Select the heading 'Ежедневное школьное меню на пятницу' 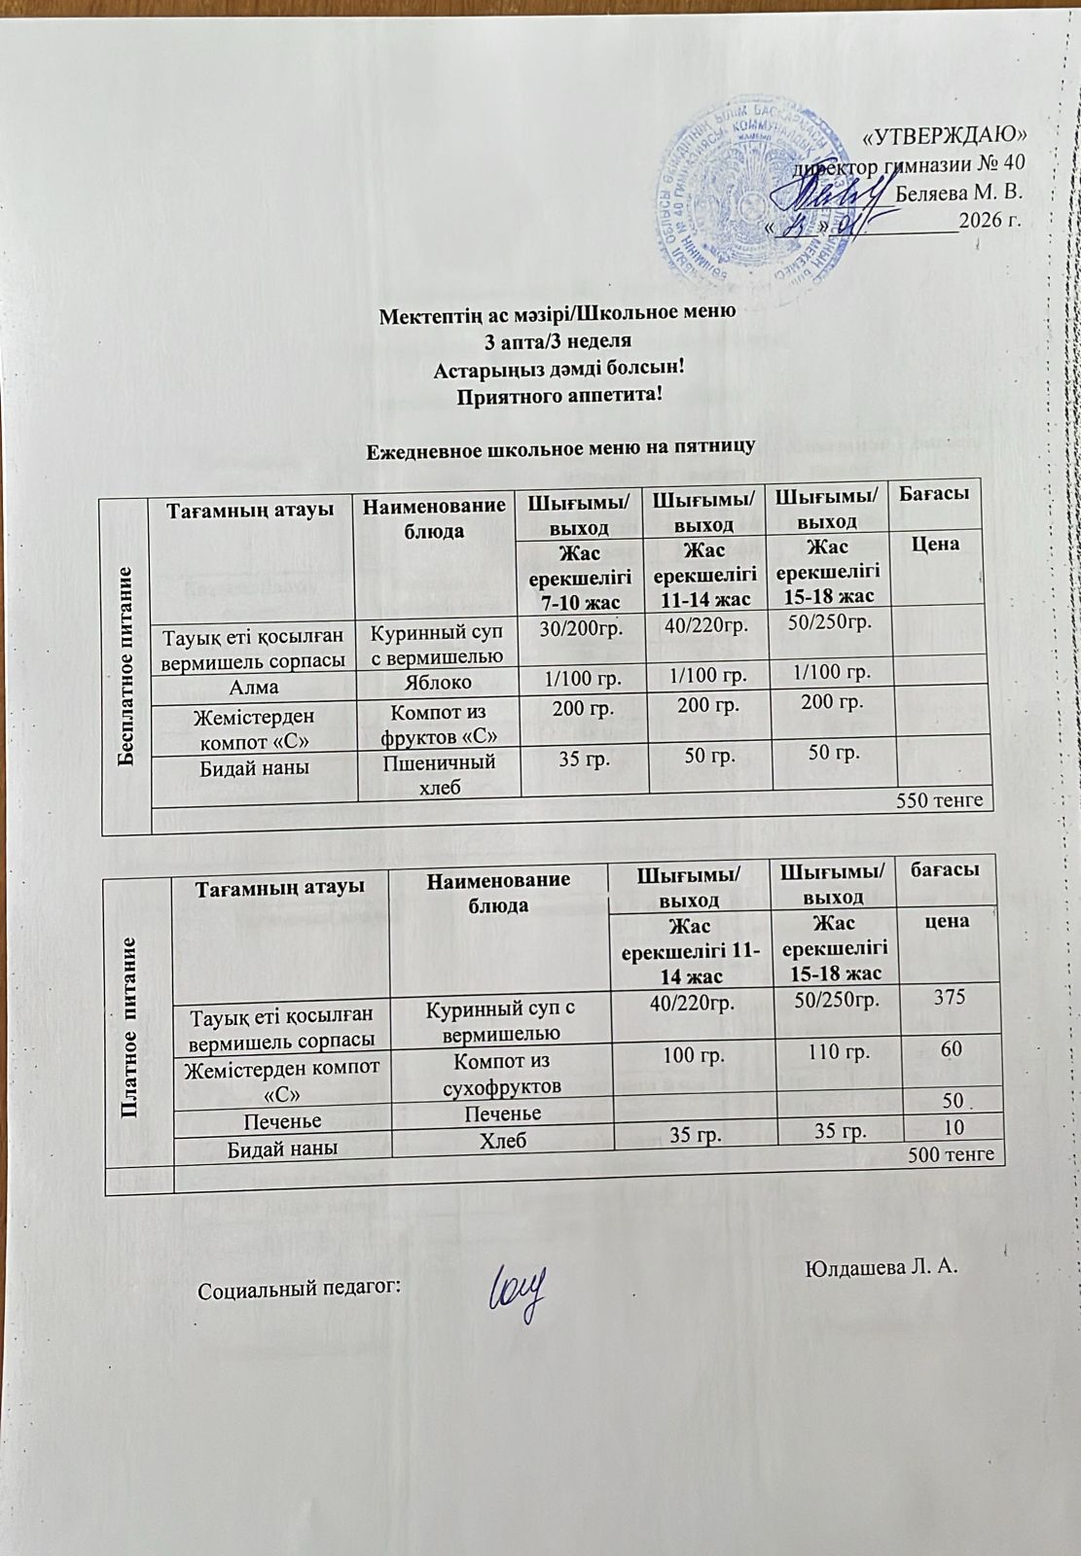[559, 448]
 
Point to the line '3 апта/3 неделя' [559, 341]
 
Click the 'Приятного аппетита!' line [559, 395]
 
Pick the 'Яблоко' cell [440, 684]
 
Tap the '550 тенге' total [943, 800]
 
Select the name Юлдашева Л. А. [883, 1267]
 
